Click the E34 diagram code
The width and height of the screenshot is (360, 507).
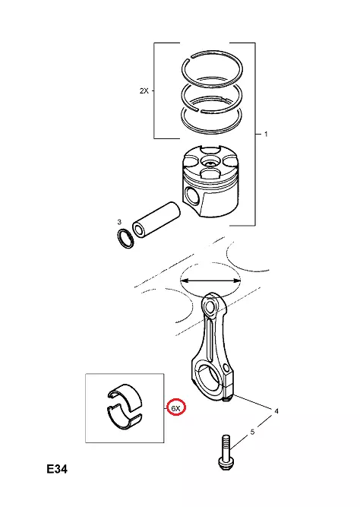[57, 469]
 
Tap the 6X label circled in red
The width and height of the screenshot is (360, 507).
[175, 408]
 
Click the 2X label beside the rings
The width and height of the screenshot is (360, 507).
[144, 91]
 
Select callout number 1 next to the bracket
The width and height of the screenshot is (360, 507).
[266, 134]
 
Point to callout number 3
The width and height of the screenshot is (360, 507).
[119, 222]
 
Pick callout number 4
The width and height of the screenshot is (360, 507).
[276, 411]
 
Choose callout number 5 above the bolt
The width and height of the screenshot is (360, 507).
[252, 432]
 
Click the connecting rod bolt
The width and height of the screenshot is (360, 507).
[225, 452]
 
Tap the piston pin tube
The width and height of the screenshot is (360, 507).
[156, 220]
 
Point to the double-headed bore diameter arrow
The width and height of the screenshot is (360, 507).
[210, 281]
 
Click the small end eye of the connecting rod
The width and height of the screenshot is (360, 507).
[209, 306]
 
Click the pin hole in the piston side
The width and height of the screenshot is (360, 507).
[192, 196]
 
